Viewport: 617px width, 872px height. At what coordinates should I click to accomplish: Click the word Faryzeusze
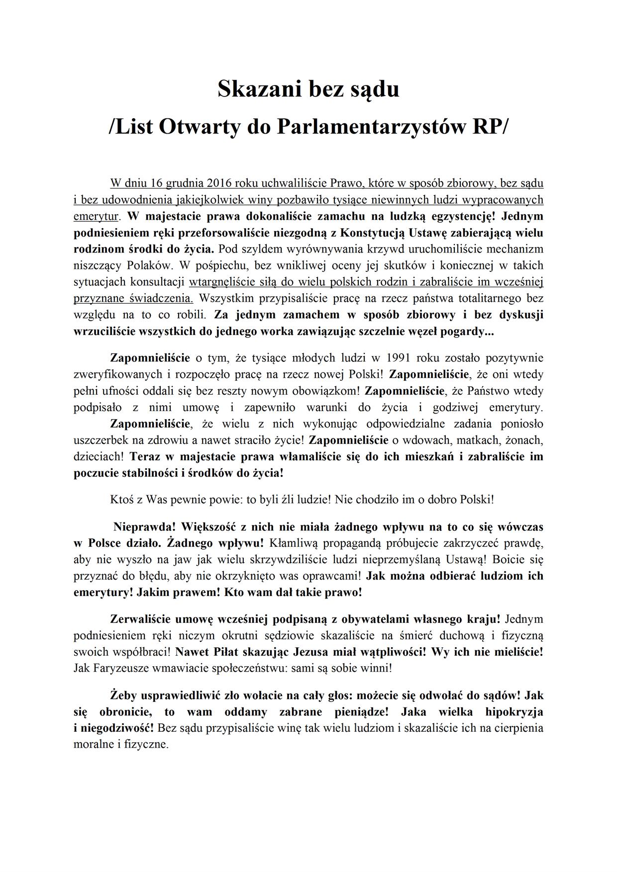pyautogui.click(x=115, y=668)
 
